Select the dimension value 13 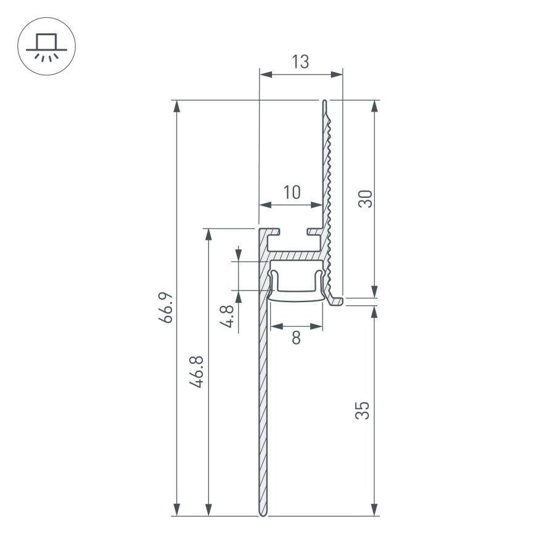(300, 62)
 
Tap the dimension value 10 (291, 192)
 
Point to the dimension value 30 (366, 199)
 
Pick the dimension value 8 (297, 338)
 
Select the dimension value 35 (364, 410)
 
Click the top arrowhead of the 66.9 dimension (177, 105)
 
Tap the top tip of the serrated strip (324, 102)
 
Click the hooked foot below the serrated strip (336, 300)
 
